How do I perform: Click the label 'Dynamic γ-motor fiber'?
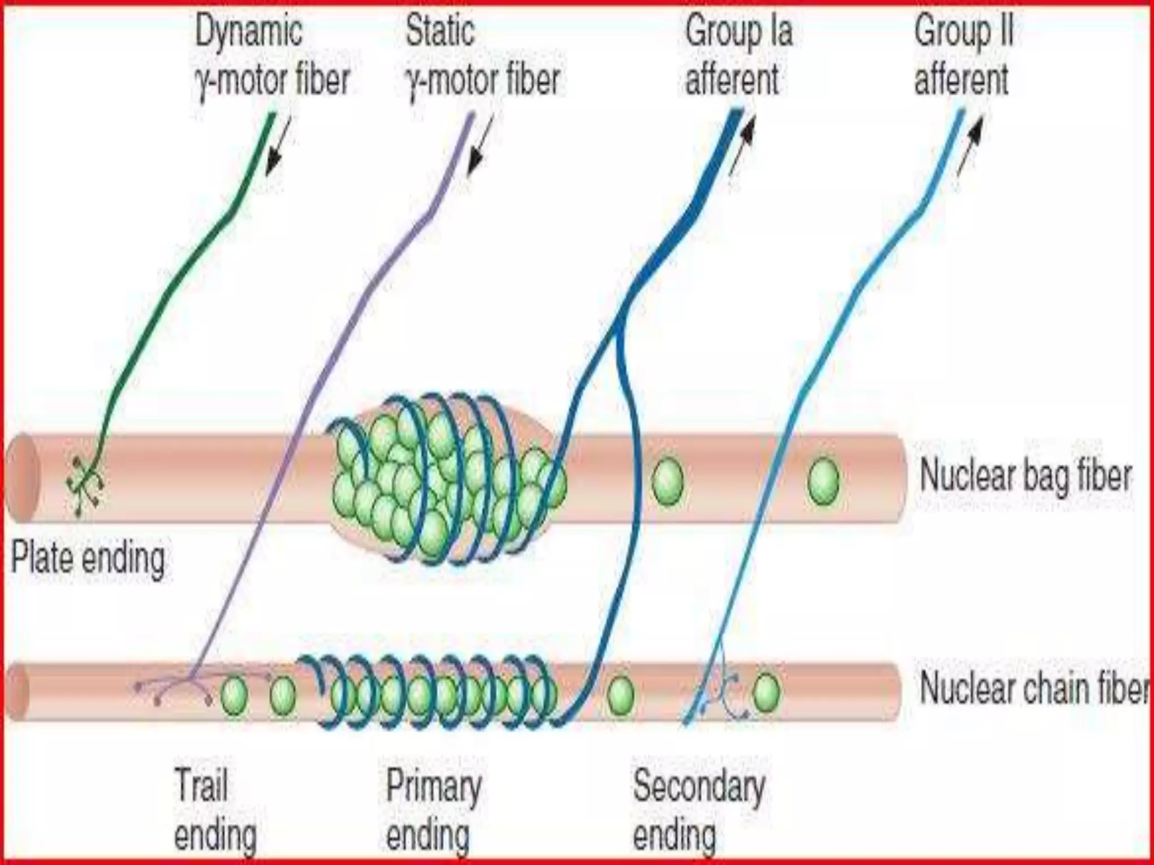point(272,55)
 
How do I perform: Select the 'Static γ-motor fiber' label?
point(482,55)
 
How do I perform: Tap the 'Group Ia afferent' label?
point(738,55)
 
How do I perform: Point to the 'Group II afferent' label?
point(962,55)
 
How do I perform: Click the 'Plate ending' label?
point(88,559)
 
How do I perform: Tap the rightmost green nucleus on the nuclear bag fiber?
point(823,480)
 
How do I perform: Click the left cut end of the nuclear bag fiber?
point(21,478)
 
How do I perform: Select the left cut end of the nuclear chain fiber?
point(17,692)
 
